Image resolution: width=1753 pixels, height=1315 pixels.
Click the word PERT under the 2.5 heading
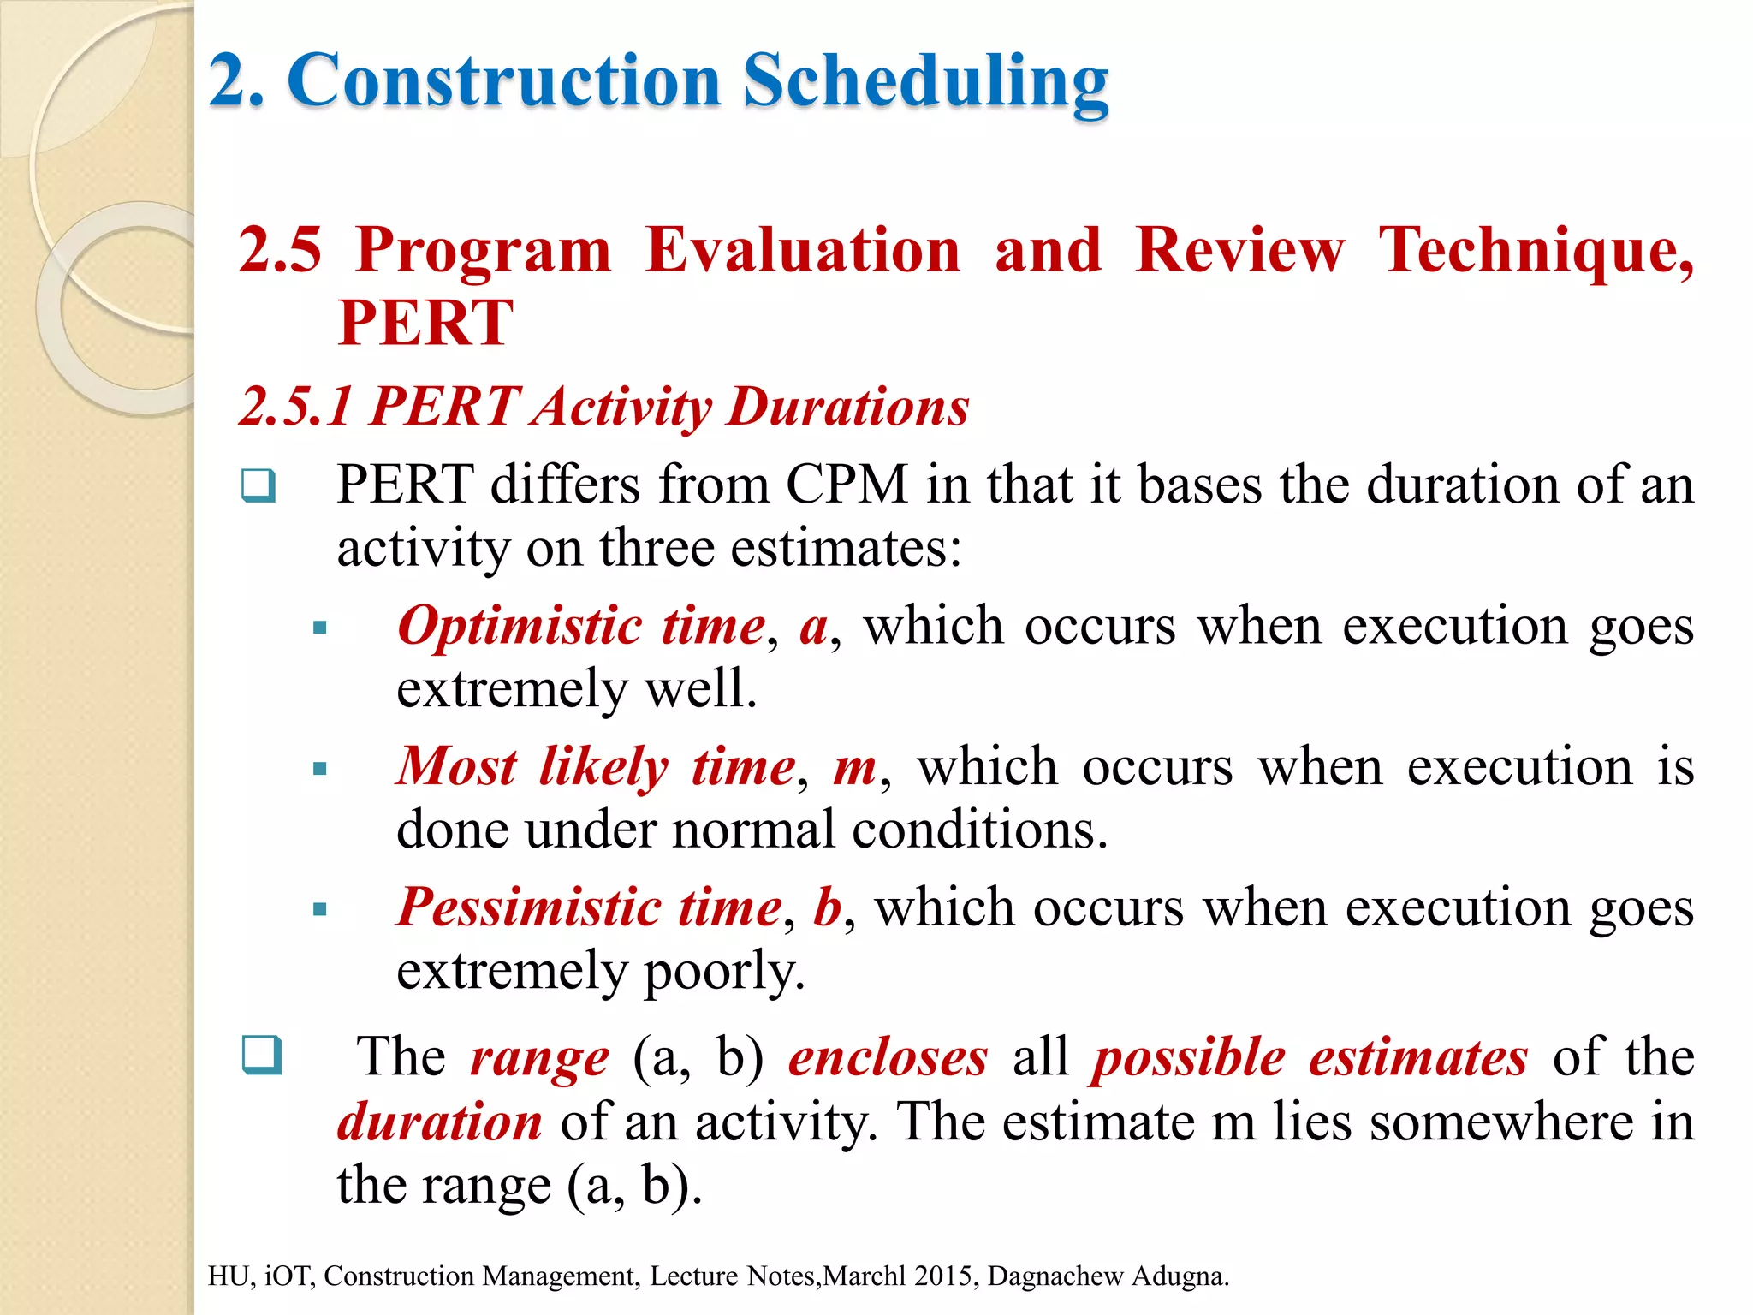coord(425,323)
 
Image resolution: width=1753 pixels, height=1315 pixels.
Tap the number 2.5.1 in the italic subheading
coord(295,406)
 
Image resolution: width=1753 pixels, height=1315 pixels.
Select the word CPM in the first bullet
coord(846,485)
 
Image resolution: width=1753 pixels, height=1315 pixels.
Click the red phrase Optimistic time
coord(581,626)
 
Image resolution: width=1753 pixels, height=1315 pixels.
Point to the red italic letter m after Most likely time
coord(854,766)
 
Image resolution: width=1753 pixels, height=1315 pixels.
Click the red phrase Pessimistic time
coord(589,907)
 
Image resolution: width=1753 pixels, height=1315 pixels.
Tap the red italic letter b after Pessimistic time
coord(827,907)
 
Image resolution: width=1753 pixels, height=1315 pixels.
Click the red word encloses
coord(888,1057)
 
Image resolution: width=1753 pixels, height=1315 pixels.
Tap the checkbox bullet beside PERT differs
coord(258,486)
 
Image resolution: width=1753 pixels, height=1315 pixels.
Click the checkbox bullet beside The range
coord(261,1055)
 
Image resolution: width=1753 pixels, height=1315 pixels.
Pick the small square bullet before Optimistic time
coord(320,628)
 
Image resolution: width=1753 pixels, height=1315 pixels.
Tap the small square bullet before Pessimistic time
coord(320,909)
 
